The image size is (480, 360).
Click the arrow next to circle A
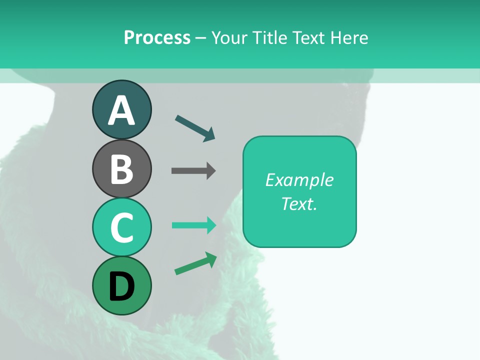coord(195,128)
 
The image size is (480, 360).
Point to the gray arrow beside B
coord(193,171)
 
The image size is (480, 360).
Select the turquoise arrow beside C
coord(193,225)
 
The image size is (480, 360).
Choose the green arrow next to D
coord(195,264)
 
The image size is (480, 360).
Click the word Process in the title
coord(157,37)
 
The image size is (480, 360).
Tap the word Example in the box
coord(299,180)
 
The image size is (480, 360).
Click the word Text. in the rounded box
coord(299,203)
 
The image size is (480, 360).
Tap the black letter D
coord(121,286)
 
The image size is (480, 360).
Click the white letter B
coord(121,169)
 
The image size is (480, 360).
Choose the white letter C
coord(121,227)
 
